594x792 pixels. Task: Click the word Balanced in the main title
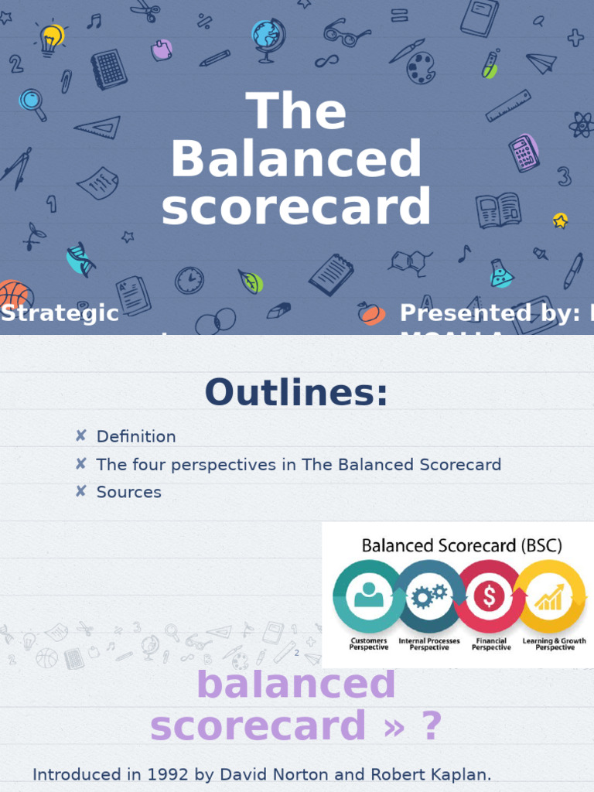pos(296,159)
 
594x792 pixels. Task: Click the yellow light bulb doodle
pos(51,38)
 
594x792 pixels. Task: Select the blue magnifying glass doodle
pos(32,102)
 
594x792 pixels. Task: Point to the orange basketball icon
pos(14,295)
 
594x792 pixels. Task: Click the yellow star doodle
pos(560,220)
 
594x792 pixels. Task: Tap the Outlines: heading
pos(296,393)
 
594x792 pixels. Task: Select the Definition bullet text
pos(136,436)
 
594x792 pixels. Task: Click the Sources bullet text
pos(128,492)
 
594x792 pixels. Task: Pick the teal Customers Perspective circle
pos(367,596)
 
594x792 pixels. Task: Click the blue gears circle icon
pos(428,596)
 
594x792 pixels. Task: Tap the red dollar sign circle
pos(490,596)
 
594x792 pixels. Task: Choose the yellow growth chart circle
pos(550,596)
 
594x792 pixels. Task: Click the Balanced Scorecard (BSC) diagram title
pos(462,545)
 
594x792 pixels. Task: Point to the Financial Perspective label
pos(491,644)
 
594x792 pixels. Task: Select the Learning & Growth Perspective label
pos(554,644)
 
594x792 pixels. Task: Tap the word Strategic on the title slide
pos(60,313)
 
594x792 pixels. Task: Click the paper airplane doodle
pos(541,63)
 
